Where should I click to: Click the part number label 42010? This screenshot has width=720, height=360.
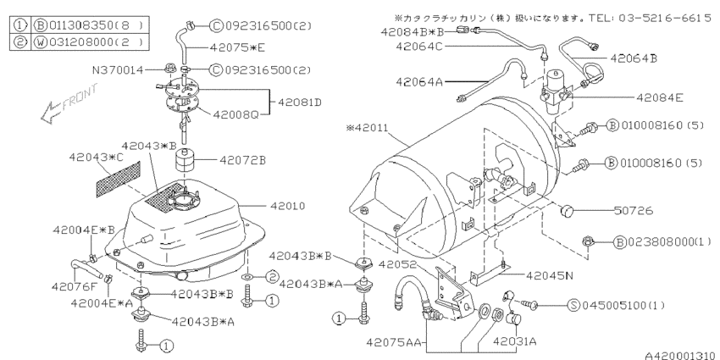287,206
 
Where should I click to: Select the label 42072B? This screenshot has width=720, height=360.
243,159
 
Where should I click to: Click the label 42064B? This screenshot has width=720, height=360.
656,57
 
